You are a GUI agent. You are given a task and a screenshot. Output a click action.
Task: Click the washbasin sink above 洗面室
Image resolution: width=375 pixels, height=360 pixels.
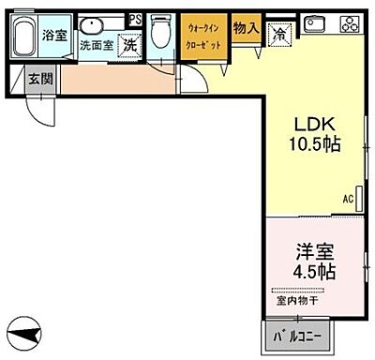[x=93, y=26]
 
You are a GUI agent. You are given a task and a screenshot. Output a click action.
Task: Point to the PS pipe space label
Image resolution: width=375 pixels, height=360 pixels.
[x=136, y=18]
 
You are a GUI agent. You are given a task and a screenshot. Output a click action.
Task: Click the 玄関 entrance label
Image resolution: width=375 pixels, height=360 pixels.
[x=39, y=78]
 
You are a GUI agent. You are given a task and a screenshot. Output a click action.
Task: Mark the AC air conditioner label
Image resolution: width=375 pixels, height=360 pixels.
[x=347, y=199]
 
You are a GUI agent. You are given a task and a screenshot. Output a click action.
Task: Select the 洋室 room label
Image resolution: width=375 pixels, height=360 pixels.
[x=313, y=251]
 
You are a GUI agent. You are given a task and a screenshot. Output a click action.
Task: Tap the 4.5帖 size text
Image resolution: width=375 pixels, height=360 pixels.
[x=313, y=272]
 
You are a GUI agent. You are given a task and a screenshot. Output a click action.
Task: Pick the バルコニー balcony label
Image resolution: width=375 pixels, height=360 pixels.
[x=296, y=335]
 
